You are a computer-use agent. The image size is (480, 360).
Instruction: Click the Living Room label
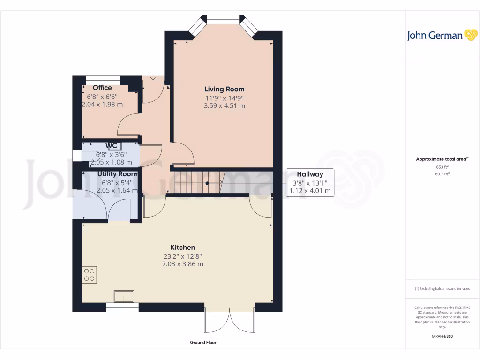point(224,89)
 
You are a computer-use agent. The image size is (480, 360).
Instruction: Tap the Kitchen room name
point(182,247)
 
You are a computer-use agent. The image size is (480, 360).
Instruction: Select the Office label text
point(102,88)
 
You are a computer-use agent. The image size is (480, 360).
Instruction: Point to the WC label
point(111,146)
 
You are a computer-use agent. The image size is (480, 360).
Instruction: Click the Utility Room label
point(117,174)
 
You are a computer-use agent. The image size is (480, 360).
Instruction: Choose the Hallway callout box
point(310,182)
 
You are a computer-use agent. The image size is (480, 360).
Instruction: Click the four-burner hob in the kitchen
point(89,274)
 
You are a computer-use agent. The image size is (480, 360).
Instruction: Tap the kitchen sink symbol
point(124,296)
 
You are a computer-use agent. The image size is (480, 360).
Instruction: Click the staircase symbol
point(200,182)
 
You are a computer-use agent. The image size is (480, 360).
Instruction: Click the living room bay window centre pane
point(223,19)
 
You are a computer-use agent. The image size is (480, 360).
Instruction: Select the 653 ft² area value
point(442,167)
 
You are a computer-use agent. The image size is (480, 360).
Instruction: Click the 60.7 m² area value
point(442,173)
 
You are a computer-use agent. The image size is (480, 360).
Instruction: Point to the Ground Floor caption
point(203,343)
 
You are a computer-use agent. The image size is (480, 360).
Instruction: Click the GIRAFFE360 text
point(442,336)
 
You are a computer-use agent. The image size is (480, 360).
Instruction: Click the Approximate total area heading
point(441,159)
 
